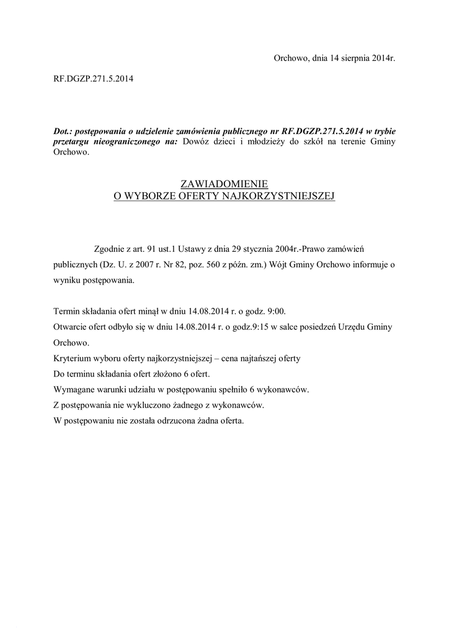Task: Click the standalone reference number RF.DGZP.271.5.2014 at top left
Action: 94,79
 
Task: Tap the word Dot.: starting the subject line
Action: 63,131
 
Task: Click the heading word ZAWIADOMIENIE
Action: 224,184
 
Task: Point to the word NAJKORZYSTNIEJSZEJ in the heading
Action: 286,195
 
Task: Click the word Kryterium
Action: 72,358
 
